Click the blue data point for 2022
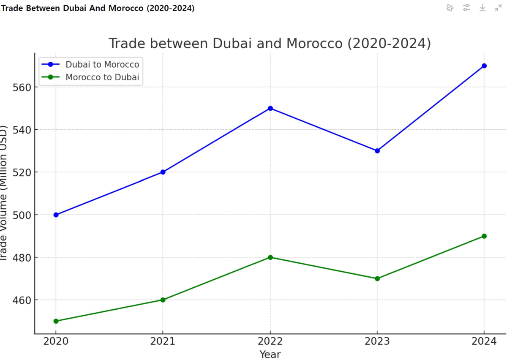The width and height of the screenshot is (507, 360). point(270,108)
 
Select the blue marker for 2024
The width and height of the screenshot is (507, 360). point(484,66)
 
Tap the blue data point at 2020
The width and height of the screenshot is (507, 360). point(56,215)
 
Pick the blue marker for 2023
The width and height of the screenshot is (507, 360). point(377,151)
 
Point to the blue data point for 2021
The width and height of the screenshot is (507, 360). point(163,172)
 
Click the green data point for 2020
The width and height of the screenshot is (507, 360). point(56,321)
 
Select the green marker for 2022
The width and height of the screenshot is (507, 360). point(270,257)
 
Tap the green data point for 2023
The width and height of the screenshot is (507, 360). point(377,278)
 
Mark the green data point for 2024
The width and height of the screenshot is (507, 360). point(484,236)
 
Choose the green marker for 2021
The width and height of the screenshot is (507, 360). point(163,300)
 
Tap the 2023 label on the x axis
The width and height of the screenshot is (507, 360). point(377,341)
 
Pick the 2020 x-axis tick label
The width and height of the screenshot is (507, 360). point(56,341)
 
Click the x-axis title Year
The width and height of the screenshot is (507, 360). point(270,354)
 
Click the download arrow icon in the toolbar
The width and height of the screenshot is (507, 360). point(482,8)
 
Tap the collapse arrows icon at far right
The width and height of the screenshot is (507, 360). point(499,8)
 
